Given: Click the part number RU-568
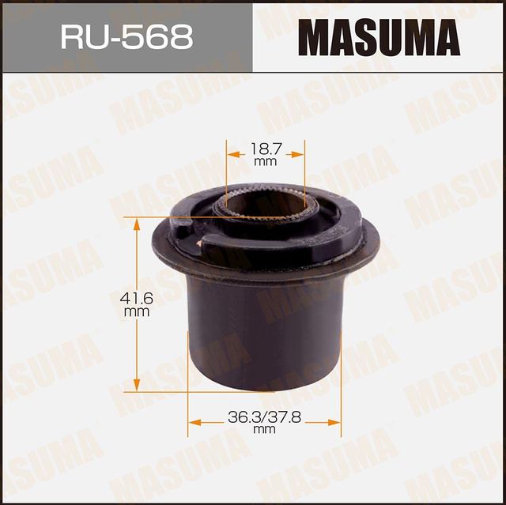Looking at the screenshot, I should click(126, 36).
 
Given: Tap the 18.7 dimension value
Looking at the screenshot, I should click(265, 148).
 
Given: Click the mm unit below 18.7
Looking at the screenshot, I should click(265, 161).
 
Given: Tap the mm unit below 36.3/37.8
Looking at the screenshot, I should click(264, 430).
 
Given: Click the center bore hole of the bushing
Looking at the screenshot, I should click(266, 204).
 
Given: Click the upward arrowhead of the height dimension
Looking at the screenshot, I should click(137, 224).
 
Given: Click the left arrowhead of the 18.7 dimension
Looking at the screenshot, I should click(232, 155).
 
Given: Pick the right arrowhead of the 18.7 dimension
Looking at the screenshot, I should click(300, 155).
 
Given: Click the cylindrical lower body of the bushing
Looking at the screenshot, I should click(265, 332).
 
